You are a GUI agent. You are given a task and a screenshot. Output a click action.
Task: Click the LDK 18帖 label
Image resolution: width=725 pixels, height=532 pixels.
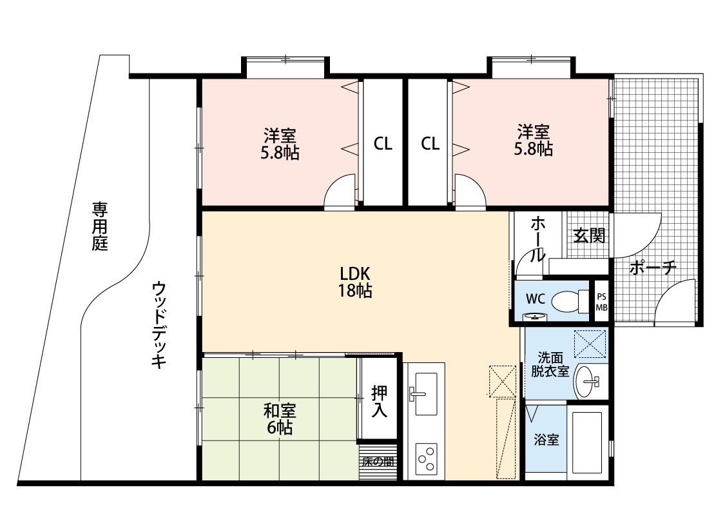(x=354, y=282)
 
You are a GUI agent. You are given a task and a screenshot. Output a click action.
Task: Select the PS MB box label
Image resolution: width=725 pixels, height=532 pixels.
(x=601, y=302)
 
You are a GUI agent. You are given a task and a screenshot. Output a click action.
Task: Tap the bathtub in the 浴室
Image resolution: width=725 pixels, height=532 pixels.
(x=587, y=442)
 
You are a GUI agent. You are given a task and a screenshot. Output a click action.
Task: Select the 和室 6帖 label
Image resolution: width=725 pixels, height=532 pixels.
(x=280, y=419)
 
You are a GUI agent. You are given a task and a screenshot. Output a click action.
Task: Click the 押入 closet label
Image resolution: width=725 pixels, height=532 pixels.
(x=379, y=401)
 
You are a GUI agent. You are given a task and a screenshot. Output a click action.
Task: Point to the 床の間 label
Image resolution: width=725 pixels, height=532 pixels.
(x=378, y=461)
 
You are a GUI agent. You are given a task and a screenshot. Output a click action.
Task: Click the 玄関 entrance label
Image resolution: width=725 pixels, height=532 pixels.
(x=590, y=235)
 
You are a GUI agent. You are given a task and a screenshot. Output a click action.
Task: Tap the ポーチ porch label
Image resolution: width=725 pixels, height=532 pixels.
(x=653, y=268)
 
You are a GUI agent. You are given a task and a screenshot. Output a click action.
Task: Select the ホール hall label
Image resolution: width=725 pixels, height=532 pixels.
(x=537, y=239)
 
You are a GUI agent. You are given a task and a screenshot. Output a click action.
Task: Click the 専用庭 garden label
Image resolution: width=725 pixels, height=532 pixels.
(x=99, y=226)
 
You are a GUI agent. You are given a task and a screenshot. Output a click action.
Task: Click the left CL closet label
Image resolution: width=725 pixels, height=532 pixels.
(x=383, y=144)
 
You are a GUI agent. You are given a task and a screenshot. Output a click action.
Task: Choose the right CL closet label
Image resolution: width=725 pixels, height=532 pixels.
(x=430, y=144)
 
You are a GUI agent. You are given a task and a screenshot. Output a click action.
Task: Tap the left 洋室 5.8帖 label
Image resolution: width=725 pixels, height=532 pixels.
(x=280, y=144)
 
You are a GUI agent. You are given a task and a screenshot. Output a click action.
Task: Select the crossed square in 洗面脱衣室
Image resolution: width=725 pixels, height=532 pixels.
(x=590, y=343)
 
